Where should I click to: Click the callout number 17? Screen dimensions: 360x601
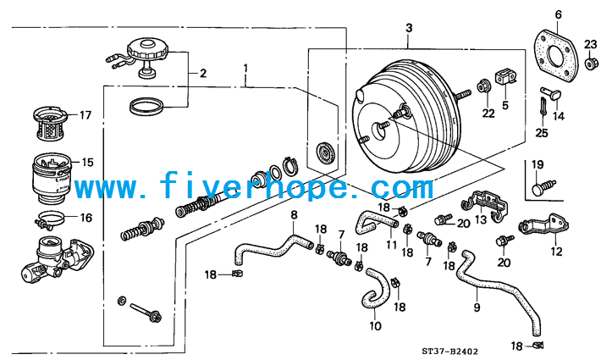click(x=85, y=114)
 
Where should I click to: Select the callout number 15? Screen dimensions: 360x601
click(x=87, y=162)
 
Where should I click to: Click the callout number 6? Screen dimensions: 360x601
click(x=559, y=14)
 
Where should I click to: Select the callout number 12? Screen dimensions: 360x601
click(x=556, y=252)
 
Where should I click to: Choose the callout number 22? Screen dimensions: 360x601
click(x=488, y=114)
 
